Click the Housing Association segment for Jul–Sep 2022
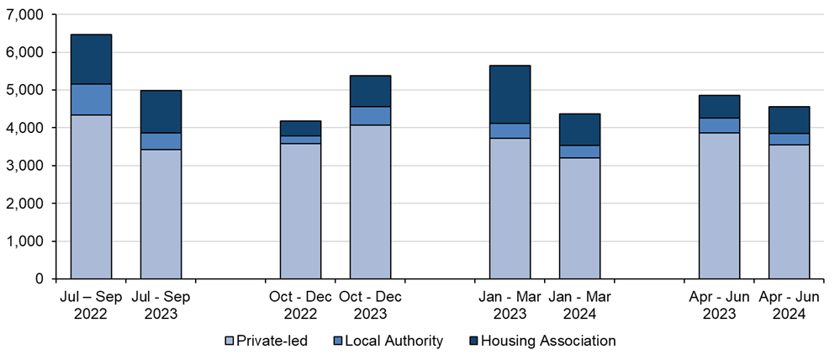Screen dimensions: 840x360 [91, 60]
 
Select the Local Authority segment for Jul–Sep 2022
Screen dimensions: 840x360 [91, 99]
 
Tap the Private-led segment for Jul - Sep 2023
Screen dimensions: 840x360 [161, 214]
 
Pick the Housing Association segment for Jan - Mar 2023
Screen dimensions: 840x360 [510, 95]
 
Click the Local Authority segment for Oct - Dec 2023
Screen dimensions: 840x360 [370, 116]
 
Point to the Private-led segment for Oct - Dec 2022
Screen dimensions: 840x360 [300, 211]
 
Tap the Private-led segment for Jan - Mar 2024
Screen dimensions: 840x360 [579, 219]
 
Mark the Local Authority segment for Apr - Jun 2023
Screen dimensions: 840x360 [720, 125]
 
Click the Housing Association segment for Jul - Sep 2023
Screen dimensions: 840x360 [161, 112]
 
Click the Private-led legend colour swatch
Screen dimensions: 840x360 [229, 341]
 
